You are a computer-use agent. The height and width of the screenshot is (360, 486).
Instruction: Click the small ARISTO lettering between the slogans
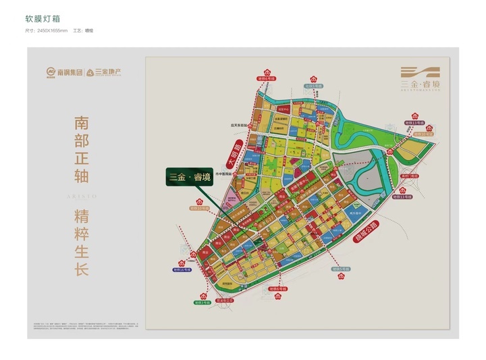click(x=82, y=195)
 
